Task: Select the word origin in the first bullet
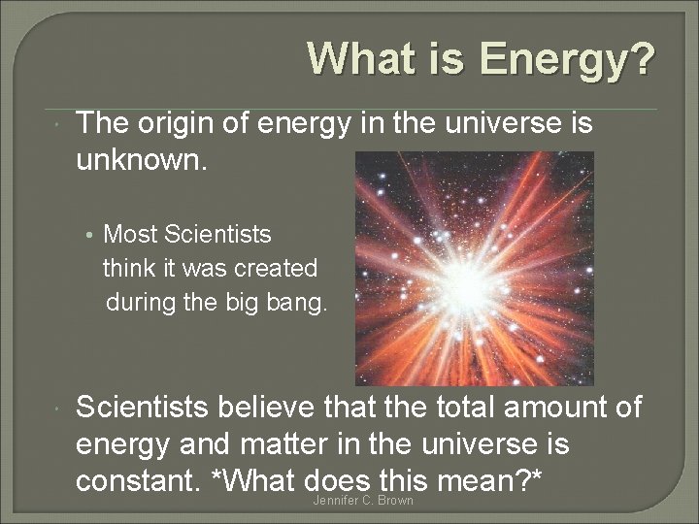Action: [177, 124]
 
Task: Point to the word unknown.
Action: [142, 157]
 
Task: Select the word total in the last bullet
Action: [465, 408]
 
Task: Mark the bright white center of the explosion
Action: [474, 282]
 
